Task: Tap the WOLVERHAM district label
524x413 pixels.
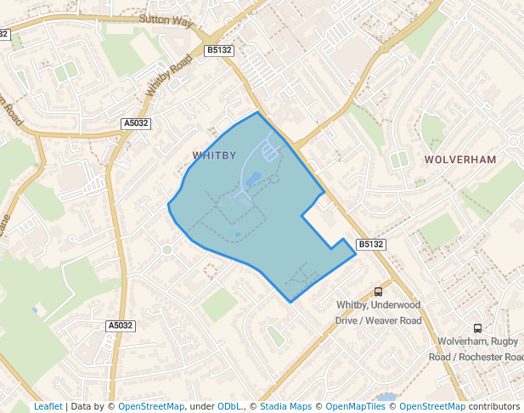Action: [x=459, y=159]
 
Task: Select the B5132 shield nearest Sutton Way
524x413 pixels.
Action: [x=219, y=51]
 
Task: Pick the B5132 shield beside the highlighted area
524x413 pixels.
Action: [x=370, y=244]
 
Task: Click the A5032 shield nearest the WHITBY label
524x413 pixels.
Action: [x=136, y=123]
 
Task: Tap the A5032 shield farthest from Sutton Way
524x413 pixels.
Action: [x=121, y=325]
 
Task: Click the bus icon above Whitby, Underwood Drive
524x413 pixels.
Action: [x=378, y=291]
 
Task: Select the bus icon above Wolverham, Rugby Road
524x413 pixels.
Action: [x=477, y=328]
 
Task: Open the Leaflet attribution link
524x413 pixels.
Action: [x=48, y=406]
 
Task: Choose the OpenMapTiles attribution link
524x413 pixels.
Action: [x=356, y=406]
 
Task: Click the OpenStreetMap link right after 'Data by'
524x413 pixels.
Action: [x=151, y=406]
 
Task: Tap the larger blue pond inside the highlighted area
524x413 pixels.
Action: [x=253, y=180]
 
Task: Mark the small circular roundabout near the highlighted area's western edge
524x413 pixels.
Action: [x=167, y=250]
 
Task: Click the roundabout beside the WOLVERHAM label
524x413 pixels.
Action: [x=514, y=141]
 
